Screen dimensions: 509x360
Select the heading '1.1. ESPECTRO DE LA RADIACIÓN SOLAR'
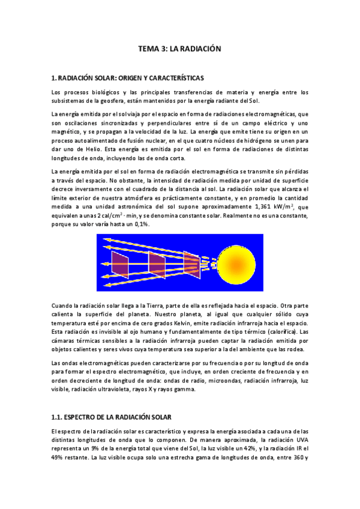point(110,416)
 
